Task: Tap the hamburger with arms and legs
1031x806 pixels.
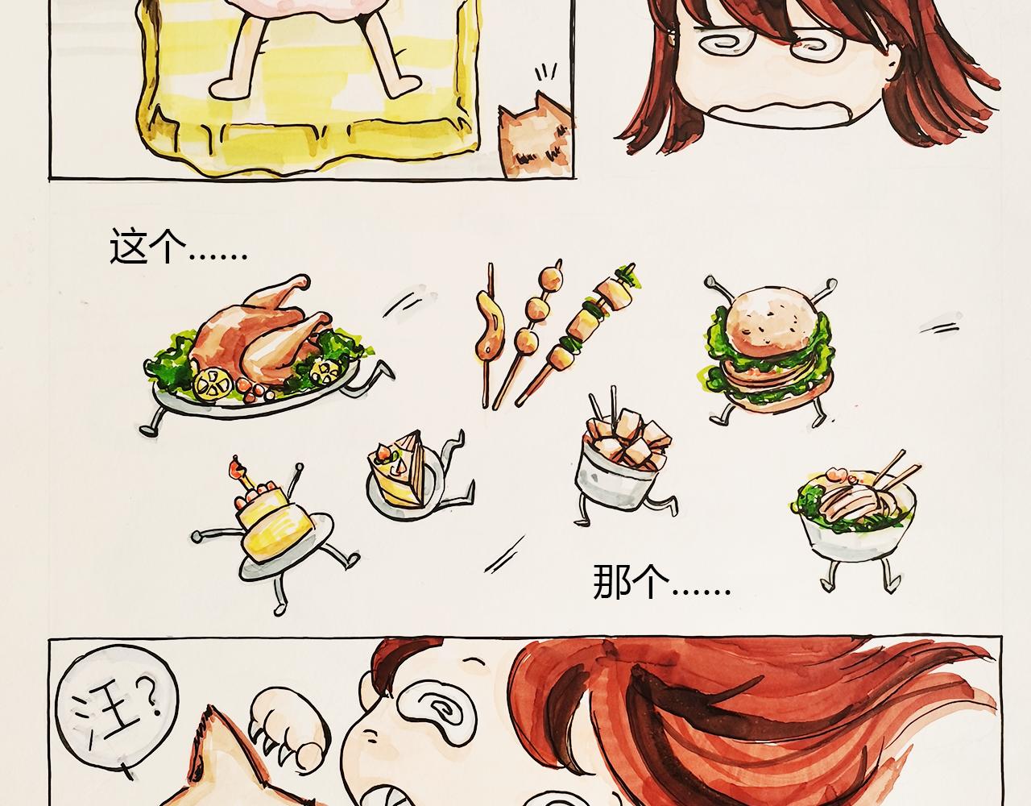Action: point(769,351)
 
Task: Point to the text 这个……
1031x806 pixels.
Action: point(178,247)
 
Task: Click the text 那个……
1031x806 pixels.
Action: point(661,582)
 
